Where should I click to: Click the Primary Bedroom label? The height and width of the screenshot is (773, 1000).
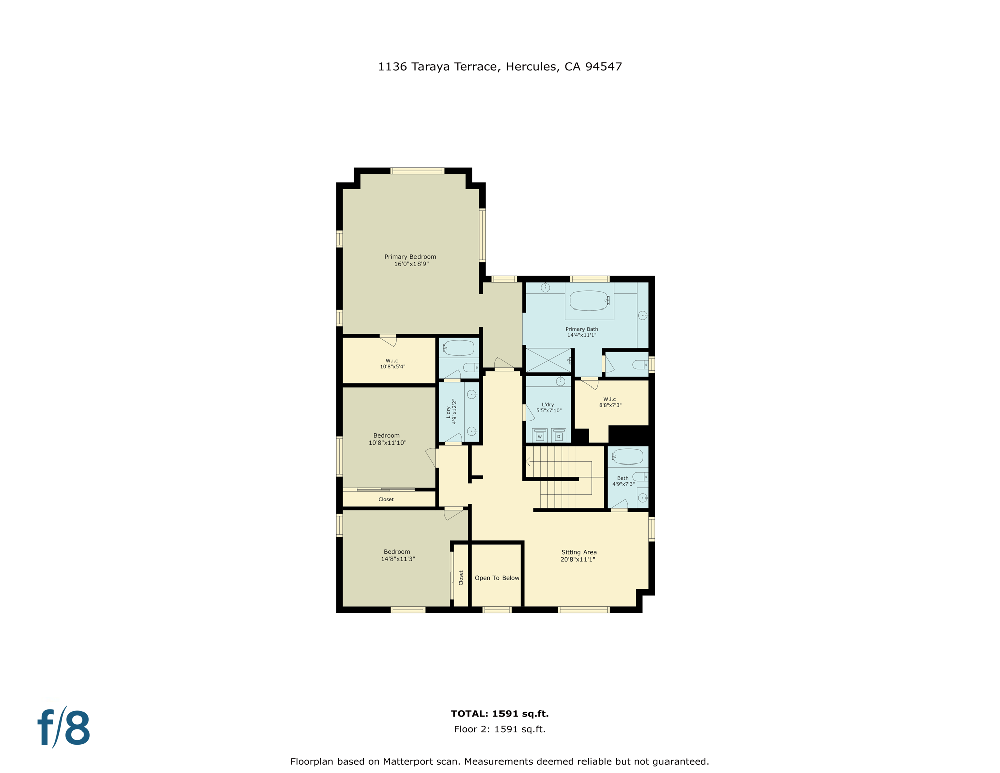(410, 260)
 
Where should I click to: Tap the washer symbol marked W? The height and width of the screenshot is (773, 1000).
(540, 436)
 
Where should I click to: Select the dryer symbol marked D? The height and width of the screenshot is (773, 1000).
(558, 436)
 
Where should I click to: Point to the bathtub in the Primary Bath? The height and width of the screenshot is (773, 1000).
(589, 301)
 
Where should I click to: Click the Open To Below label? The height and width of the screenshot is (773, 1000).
(496, 578)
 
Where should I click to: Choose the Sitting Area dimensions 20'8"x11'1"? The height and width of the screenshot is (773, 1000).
(578, 559)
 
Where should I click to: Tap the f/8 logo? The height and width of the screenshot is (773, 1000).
(64, 728)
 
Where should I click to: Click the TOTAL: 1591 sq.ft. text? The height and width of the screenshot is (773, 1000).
(499, 713)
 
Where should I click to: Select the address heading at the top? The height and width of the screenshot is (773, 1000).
(499, 67)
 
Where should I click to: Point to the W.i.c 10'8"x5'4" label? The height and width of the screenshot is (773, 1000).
(392, 364)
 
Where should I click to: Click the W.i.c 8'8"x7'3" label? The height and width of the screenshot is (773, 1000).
(610, 402)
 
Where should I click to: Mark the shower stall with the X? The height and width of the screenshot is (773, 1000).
(548, 360)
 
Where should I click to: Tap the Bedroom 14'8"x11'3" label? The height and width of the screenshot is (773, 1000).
(397, 555)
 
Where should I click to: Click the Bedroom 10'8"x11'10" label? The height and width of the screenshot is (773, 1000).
(387, 439)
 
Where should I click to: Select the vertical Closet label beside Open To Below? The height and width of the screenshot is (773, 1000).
(461, 578)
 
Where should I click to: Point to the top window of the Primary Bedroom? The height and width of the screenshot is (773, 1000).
(418, 171)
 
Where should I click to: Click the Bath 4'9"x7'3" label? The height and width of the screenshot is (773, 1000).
(623, 481)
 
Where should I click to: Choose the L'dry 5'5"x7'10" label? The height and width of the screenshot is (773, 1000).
(548, 407)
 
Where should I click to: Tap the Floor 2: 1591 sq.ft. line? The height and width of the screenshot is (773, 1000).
(499, 729)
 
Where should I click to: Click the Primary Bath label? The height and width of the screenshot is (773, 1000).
(581, 332)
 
